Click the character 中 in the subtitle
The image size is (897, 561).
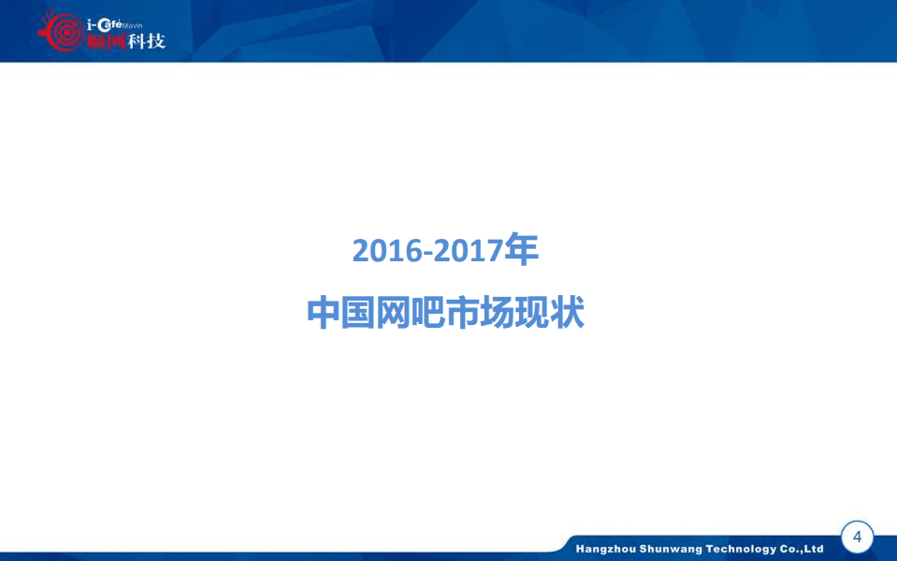point(324,313)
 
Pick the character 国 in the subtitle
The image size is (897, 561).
point(359,313)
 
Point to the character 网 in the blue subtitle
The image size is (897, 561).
point(394,313)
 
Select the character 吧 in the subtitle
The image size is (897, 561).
point(428,313)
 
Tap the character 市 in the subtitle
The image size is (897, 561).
point(463,313)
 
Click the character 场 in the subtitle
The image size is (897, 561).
point(498,313)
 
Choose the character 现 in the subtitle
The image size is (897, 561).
point(532,313)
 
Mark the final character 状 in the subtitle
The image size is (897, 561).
point(568,313)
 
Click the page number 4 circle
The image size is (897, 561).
point(858,538)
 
